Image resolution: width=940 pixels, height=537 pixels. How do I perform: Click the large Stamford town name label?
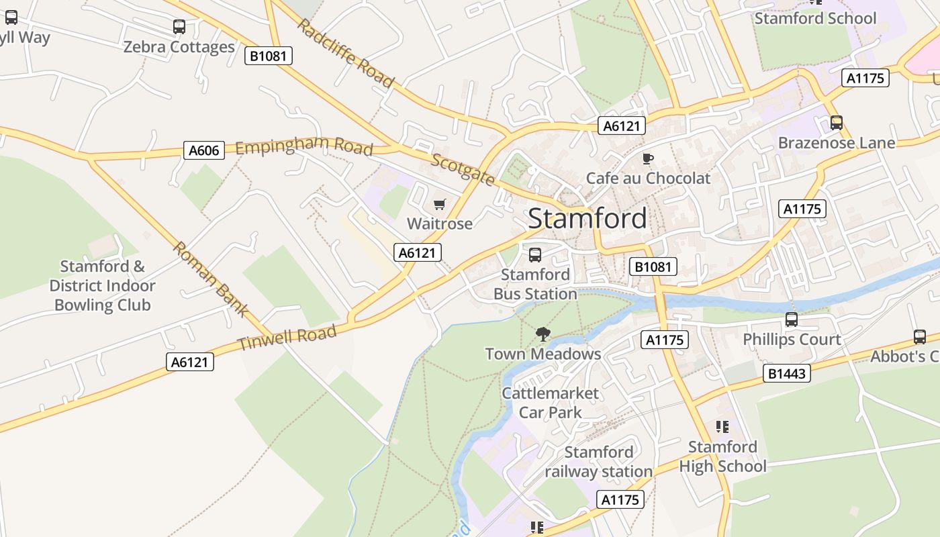(587, 219)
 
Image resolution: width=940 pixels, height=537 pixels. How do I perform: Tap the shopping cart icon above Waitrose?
(440, 205)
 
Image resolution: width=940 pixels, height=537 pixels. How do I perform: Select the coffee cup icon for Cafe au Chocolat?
(647, 159)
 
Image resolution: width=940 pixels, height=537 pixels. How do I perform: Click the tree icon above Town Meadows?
(543, 334)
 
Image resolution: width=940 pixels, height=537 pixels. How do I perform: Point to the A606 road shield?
(203, 150)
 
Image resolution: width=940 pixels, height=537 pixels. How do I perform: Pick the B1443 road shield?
(786, 373)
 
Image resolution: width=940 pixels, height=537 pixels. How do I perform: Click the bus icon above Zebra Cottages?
(179, 27)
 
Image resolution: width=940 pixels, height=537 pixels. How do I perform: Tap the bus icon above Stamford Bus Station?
(535, 255)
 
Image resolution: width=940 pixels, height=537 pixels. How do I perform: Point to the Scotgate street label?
(463, 169)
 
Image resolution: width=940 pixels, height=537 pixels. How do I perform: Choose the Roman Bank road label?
(211, 278)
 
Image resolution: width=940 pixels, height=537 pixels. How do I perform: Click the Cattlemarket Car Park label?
(550, 403)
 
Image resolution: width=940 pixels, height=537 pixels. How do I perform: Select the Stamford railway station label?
(598, 462)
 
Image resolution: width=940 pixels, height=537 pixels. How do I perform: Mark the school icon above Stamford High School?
(722, 427)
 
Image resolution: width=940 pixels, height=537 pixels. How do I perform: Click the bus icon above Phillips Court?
(792, 320)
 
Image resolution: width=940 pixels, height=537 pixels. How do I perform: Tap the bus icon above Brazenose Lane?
(836, 123)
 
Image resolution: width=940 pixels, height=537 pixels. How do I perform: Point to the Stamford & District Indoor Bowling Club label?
(102, 286)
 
